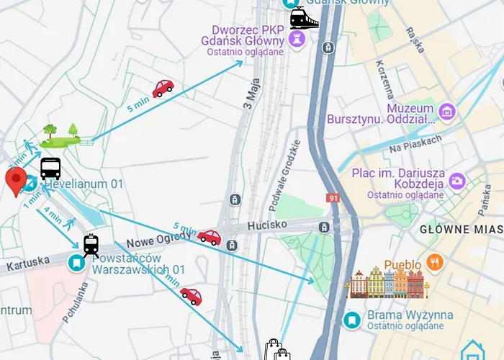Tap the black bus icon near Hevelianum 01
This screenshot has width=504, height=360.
[50, 168]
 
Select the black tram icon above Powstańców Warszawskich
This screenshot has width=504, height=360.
[91, 246]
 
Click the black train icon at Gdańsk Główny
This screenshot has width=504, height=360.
[304, 18]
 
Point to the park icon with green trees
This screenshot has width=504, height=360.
[60, 135]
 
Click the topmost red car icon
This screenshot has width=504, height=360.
[163, 88]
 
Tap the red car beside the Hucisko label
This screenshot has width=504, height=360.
[209, 237]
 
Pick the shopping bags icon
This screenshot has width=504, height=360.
[277, 350]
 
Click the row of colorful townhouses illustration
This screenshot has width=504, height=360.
[387, 283]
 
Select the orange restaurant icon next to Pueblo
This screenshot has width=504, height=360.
[434, 261]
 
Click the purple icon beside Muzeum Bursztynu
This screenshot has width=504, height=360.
[448, 112]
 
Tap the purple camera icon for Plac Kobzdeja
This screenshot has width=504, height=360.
[456, 181]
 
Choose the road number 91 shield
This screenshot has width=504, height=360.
[333, 197]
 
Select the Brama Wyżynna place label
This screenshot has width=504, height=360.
[400, 315]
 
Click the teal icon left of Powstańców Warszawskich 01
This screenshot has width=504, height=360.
[75, 264]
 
